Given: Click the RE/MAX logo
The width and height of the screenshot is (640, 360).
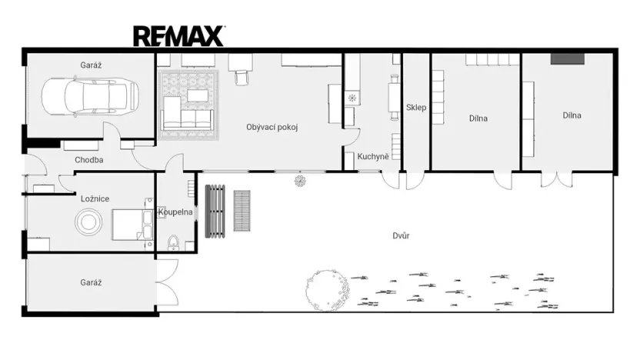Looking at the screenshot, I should (x=178, y=35).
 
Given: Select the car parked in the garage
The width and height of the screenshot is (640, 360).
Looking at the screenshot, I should (x=90, y=95).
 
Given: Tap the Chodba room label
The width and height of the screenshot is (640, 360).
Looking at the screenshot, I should (x=89, y=160).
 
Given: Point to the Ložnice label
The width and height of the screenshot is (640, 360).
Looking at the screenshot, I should (x=95, y=198).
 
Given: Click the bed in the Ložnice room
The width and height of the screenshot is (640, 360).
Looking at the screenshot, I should (x=132, y=224).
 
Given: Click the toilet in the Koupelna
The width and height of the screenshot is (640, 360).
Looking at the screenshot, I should (x=173, y=245).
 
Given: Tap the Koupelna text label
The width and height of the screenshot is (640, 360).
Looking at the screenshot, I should (x=176, y=212).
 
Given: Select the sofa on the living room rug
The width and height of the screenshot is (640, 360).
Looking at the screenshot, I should (x=186, y=118).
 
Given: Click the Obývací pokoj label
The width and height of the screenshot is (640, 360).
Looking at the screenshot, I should (x=272, y=127).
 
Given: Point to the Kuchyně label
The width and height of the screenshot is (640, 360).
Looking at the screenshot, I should (x=373, y=157).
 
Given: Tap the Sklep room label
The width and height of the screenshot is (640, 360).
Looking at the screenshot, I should (x=416, y=108).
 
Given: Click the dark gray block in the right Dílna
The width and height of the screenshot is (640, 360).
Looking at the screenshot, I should (x=568, y=58).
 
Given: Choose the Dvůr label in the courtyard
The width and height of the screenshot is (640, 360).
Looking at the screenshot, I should (x=399, y=235).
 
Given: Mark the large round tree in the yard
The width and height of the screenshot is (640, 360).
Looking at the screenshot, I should (x=327, y=289).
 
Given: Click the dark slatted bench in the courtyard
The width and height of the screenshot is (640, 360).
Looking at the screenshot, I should (x=213, y=209).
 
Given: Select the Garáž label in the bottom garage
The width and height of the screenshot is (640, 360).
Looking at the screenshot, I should (x=91, y=282).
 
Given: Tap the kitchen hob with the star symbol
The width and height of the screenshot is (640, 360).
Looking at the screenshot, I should (x=354, y=98).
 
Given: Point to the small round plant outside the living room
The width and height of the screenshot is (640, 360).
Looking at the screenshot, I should (x=299, y=180).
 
